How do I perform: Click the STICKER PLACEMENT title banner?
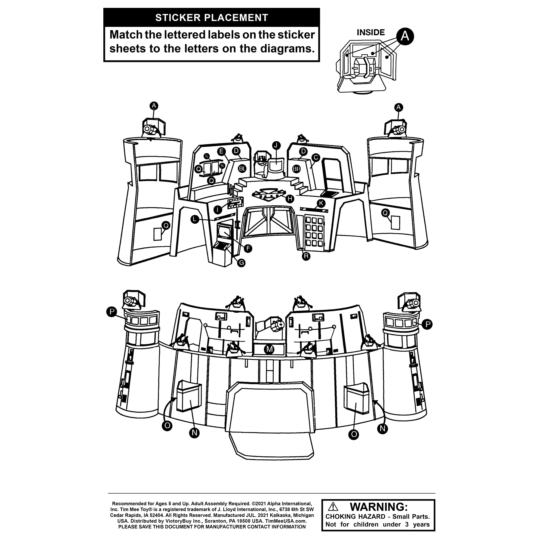click(211, 17)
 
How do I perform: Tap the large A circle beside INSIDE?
click(405, 36)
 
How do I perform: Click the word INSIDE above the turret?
click(370, 32)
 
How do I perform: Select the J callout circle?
click(276, 145)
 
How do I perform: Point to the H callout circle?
click(289, 199)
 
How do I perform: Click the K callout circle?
click(321, 203)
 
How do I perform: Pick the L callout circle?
click(195, 219)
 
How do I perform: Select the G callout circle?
click(241, 263)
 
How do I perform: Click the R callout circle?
click(306, 256)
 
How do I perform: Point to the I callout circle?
click(217, 209)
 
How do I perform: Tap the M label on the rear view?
click(270, 349)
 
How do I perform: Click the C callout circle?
click(316, 158)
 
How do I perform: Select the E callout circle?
click(221, 152)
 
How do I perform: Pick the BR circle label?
click(296, 169)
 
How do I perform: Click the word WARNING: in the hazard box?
click(379, 506)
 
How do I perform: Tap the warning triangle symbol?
click(333, 506)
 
